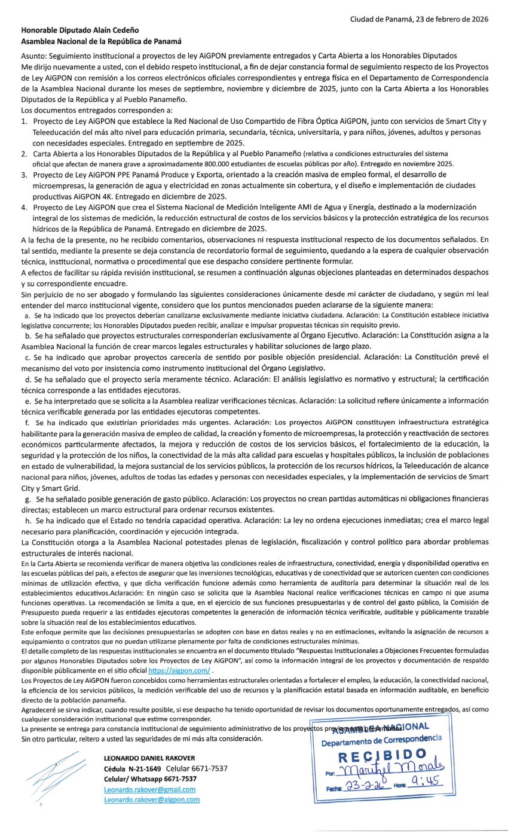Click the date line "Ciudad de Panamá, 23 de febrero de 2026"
pyautogui.click(x=420, y=19)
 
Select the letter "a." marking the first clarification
pyautogui.click(x=27, y=315)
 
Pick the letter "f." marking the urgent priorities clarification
pyautogui.click(x=27, y=422)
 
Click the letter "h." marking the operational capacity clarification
pyautogui.click(x=28, y=521)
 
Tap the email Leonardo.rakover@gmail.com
pyautogui.click(x=150, y=789)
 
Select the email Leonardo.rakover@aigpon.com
pyautogui.click(x=152, y=799)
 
